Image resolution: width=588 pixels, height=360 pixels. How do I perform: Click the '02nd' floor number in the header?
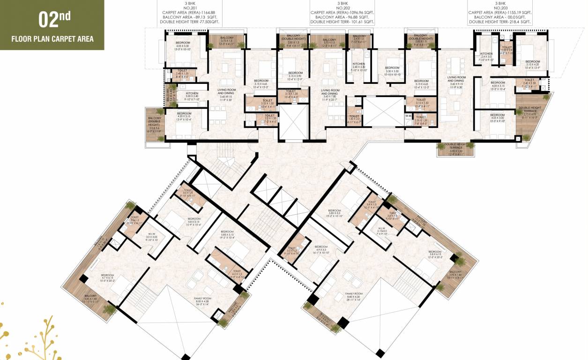pos(54,21)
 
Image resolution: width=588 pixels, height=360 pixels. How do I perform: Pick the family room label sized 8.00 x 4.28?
pos(203,301)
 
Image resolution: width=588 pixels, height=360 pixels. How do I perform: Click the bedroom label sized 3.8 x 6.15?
pos(434,255)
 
